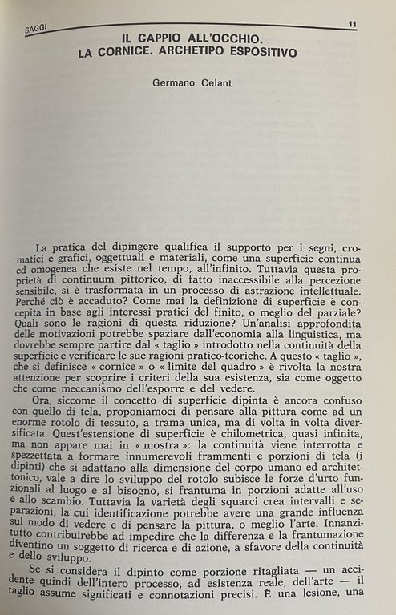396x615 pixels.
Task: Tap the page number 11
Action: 352,25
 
